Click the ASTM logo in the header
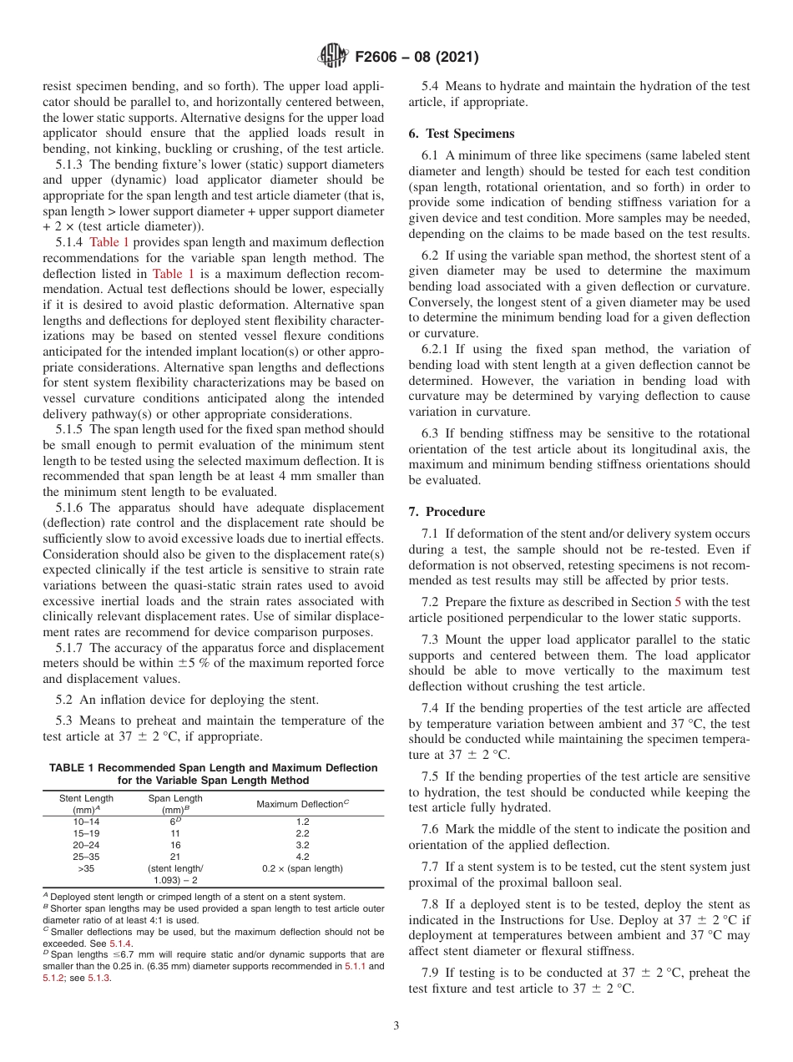(x=334, y=57)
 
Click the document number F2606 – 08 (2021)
(x=417, y=58)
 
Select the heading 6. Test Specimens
(x=462, y=134)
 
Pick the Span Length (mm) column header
(x=175, y=804)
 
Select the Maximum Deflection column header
(x=302, y=804)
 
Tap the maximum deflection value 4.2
(x=302, y=857)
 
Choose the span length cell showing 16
(x=175, y=845)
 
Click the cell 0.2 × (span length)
(x=302, y=868)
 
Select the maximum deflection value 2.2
(x=302, y=833)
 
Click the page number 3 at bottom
(x=396, y=1026)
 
